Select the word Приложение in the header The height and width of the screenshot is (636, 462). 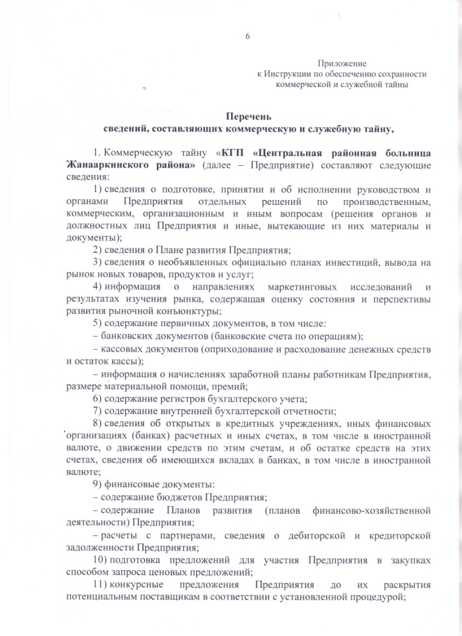(x=342, y=63)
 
